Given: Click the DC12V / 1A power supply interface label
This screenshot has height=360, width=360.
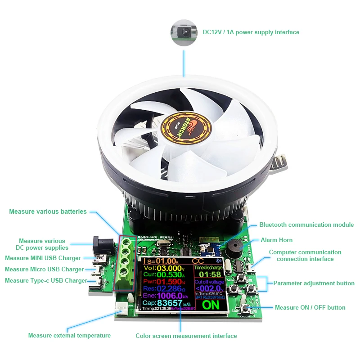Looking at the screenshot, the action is (x=251, y=32).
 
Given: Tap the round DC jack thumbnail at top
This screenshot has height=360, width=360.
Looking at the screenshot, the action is (x=184, y=32).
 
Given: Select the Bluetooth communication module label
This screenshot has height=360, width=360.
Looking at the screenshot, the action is (x=306, y=225).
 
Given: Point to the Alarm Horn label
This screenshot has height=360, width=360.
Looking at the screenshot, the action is (x=276, y=240).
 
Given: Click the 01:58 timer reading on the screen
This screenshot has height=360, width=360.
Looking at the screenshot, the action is (x=210, y=274).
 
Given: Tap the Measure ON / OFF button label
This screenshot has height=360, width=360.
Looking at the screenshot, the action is (x=310, y=307).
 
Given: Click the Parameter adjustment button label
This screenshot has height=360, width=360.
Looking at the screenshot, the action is (x=314, y=283).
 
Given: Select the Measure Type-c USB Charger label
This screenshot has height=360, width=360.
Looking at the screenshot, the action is (x=46, y=280).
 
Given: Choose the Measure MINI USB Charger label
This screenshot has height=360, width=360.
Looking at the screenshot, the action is (x=43, y=258).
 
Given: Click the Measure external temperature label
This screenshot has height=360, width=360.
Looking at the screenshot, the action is (x=69, y=335).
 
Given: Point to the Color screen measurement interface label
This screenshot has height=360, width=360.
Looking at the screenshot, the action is (x=186, y=336).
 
